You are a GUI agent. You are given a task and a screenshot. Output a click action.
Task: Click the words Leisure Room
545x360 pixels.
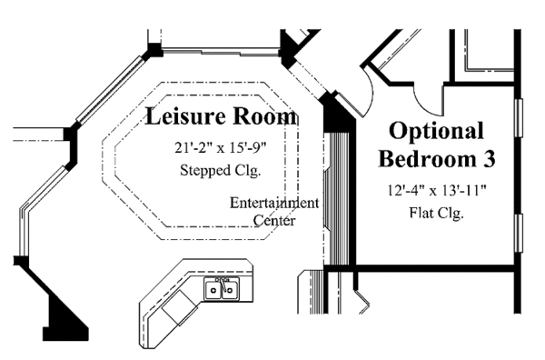pos(221,116)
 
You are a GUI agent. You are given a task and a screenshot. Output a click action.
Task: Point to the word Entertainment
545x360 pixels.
pos(273,203)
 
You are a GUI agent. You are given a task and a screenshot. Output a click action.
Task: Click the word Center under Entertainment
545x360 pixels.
pos(273,220)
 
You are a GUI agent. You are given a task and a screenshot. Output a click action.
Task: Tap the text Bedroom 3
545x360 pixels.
pos(436,160)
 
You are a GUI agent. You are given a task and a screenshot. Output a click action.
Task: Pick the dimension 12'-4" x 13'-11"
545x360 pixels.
pos(437,191)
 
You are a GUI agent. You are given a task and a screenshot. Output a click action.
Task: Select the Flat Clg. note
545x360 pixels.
pos(437,215)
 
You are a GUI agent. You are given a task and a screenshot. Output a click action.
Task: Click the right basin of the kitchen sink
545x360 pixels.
pos(230,291)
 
